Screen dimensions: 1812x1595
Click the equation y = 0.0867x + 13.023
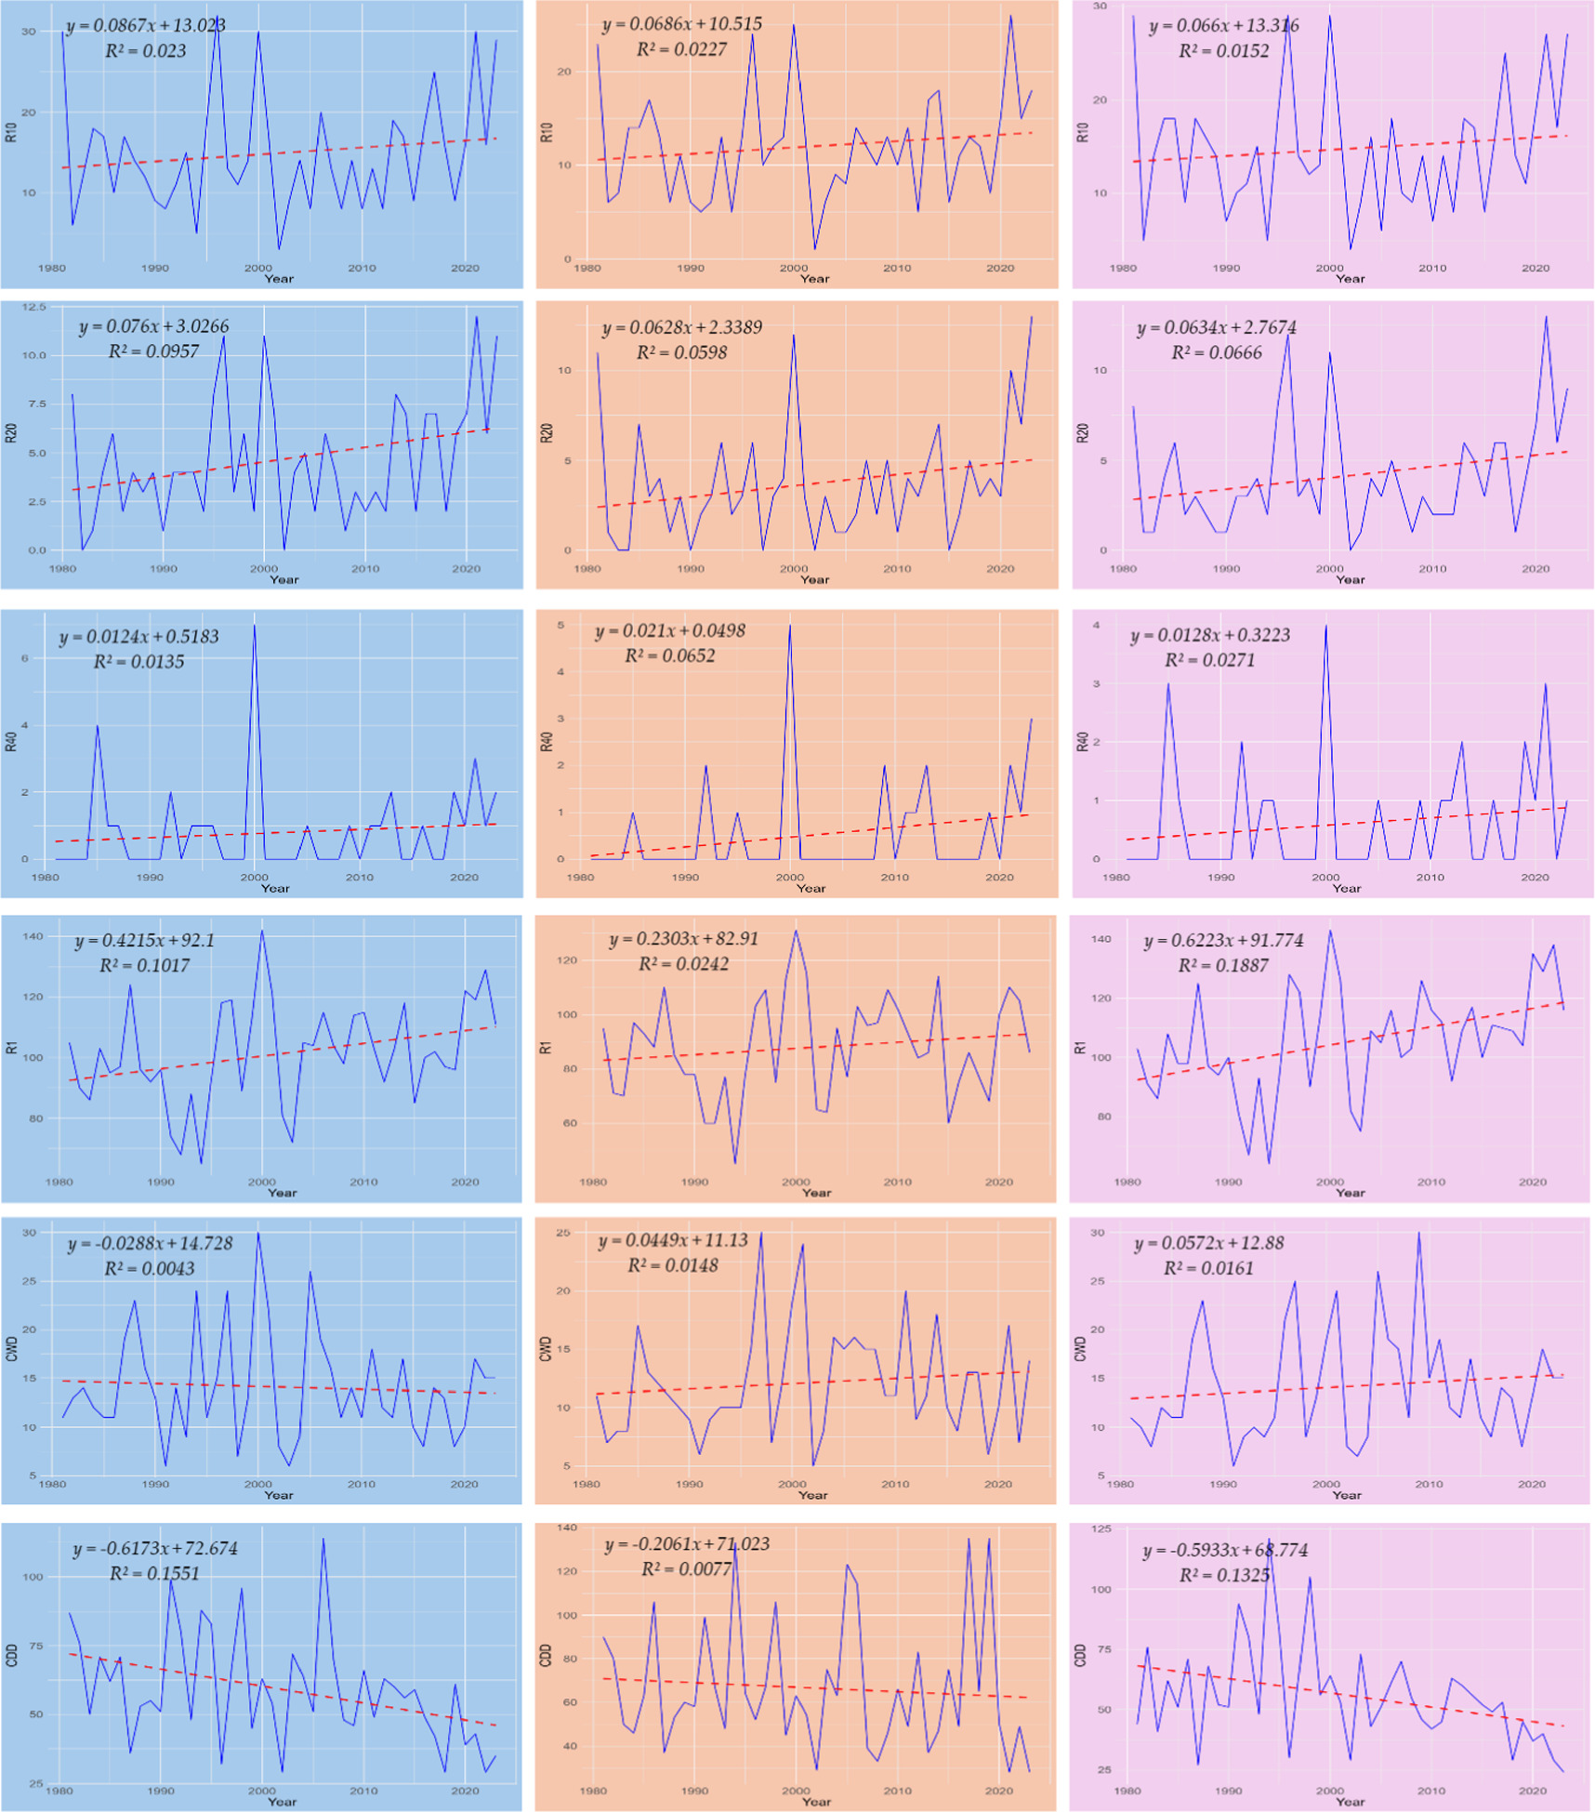[x=146, y=25]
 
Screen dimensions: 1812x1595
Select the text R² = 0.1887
[x=1222, y=965]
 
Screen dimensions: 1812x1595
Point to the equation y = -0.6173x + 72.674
[x=155, y=1548]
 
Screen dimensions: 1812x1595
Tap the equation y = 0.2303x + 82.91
[x=683, y=939]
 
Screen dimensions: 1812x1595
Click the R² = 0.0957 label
[x=153, y=351]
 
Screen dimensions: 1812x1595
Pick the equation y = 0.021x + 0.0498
[x=669, y=630]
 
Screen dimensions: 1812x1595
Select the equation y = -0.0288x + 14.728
[x=150, y=1243]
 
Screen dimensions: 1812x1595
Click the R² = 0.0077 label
[x=686, y=1569]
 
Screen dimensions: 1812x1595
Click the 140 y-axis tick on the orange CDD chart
[x=566, y=1528]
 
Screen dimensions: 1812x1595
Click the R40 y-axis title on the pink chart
[x=1082, y=741]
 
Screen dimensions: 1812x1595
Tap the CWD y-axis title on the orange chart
[x=546, y=1349]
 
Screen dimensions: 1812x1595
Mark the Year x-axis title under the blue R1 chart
[x=282, y=1193]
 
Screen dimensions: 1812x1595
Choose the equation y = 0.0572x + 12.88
[x=1208, y=1243]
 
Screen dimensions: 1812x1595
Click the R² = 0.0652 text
[x=669, y=655]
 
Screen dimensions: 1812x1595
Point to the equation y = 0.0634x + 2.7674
[x=1216, y=327]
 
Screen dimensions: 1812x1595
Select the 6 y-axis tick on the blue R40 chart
[x=26, y=658]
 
